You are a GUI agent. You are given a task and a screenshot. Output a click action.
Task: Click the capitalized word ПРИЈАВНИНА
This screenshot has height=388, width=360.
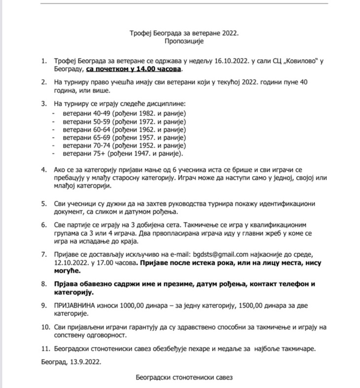77,306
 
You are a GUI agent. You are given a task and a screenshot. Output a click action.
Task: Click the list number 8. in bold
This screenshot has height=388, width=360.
44,285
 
